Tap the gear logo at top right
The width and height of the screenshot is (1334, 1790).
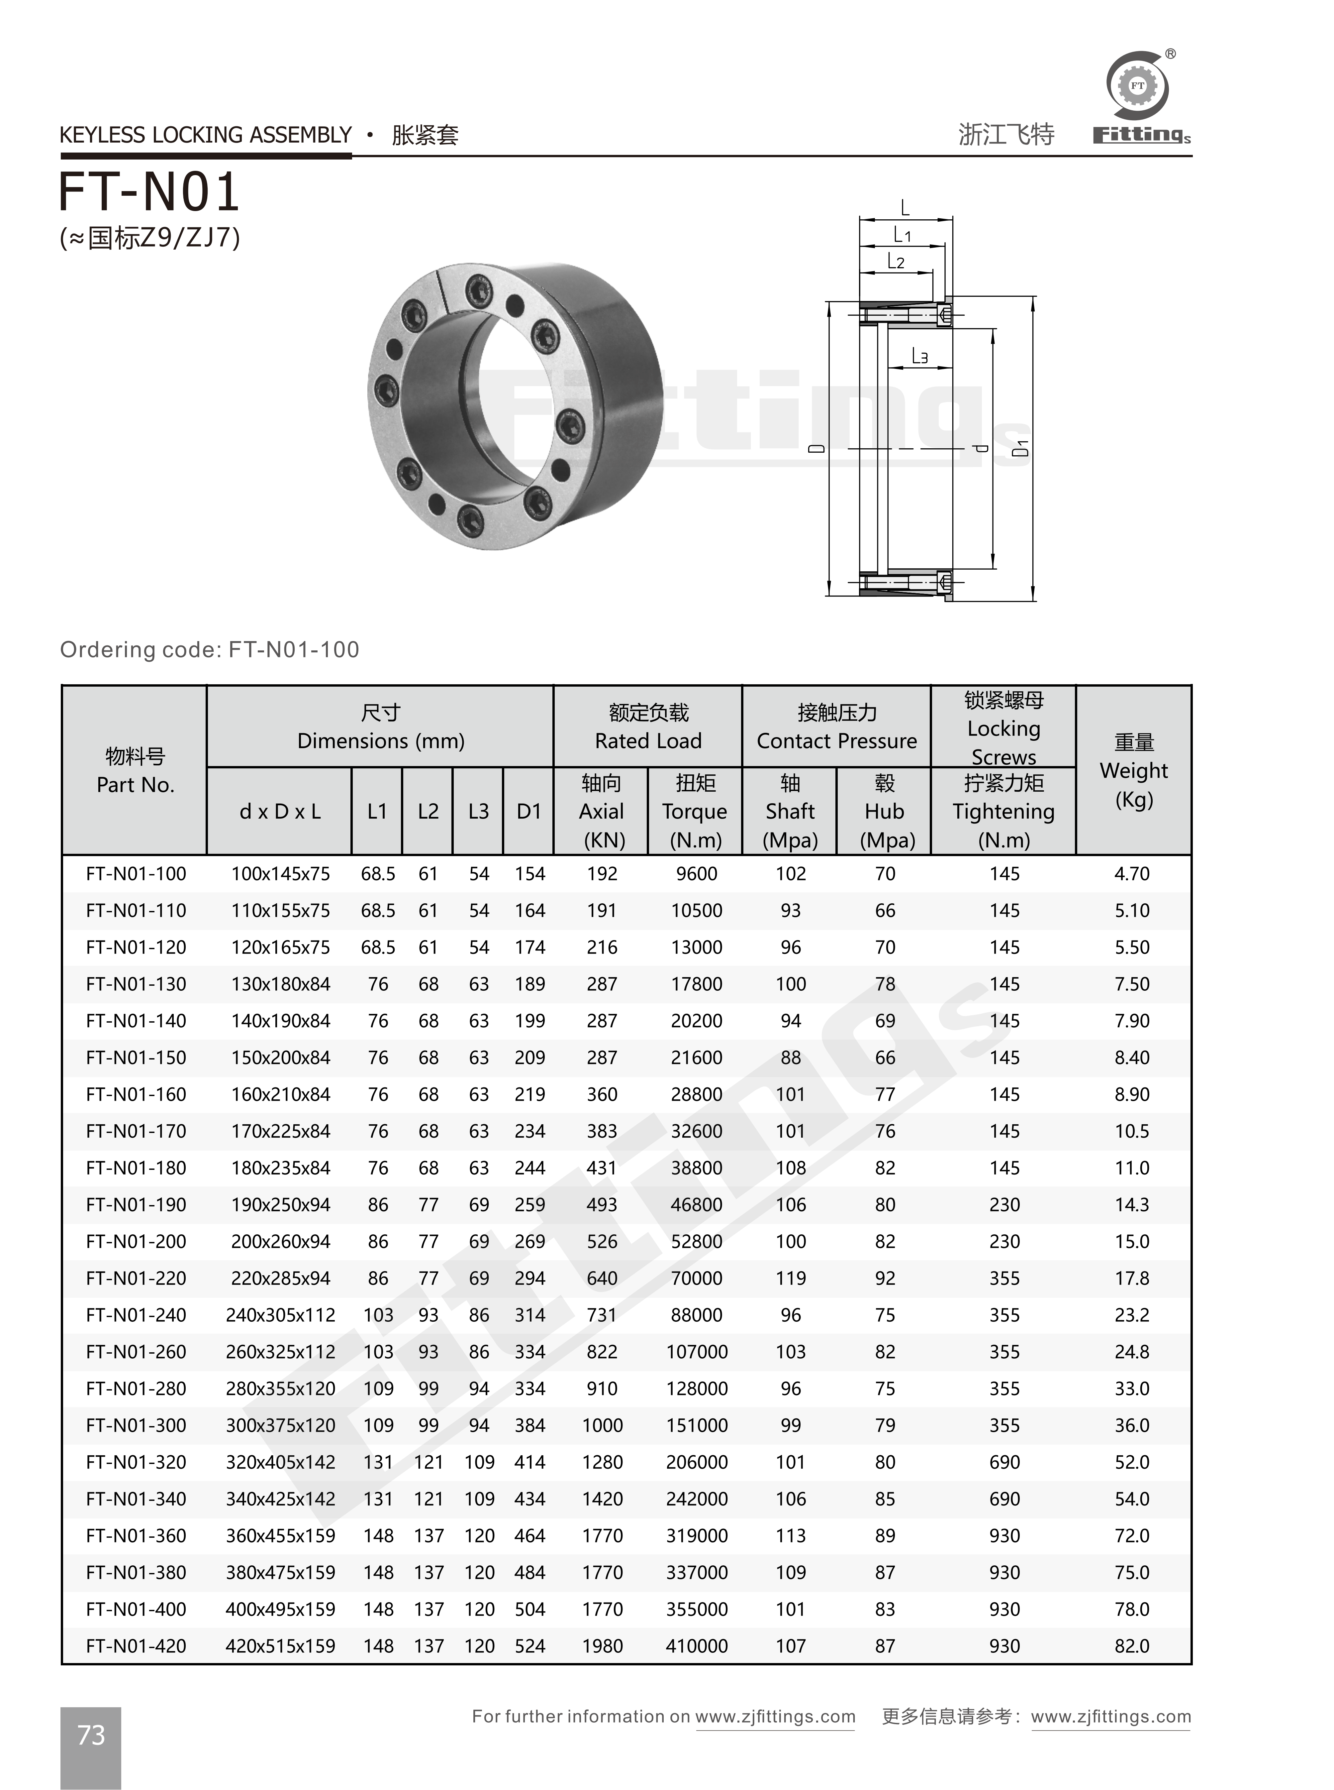1137,86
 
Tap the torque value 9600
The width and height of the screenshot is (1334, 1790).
696,874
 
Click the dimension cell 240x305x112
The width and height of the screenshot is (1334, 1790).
280,1315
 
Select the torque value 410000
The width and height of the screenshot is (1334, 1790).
696,1645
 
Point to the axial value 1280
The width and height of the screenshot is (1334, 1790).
603,1462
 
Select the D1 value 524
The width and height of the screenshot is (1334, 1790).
530,1645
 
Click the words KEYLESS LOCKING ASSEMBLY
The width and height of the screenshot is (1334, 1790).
206,135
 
